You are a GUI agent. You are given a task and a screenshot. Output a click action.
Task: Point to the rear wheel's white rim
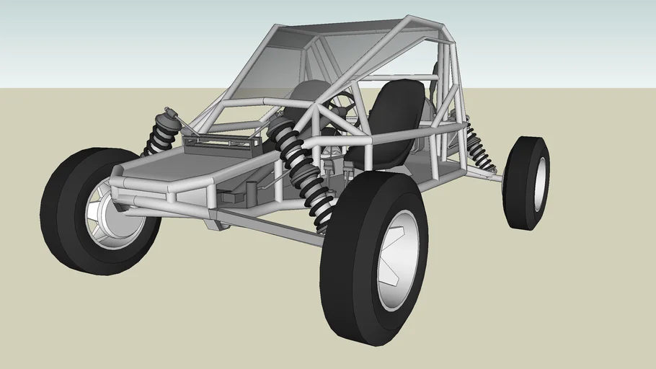tap(539, 184)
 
